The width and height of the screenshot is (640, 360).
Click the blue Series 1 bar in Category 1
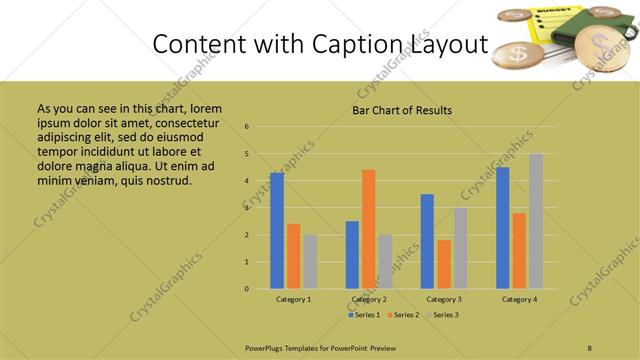(x=276, y=231)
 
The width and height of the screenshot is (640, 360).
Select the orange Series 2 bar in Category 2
(x=368, y=229)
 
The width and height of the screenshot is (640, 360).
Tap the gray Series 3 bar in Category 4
(x=536, y=221)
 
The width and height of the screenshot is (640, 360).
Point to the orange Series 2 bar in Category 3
(x=443, y=264)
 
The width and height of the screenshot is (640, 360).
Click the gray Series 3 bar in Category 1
(x=310, y=261)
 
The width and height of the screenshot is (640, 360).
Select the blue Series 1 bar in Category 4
(x=502, y=228)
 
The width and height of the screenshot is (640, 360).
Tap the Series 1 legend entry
(x=365, y=315)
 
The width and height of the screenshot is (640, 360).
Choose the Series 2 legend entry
(x=403, y=315)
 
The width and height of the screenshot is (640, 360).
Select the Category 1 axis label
(x=293, y=300)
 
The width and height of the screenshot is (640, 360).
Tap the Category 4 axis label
(x=519, y=300)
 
